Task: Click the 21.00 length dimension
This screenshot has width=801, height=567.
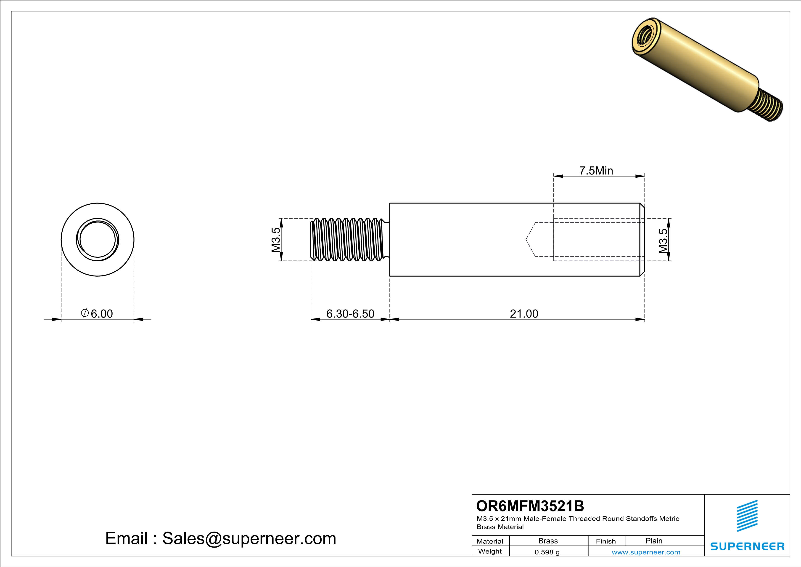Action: pos(524,313)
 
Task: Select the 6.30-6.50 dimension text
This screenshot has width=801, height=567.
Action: pos(350,313)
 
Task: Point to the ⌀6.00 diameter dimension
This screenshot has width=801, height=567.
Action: pos(97,313)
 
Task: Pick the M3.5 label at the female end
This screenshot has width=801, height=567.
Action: pos(663,241)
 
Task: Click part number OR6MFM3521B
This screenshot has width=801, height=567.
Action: pos(530,505)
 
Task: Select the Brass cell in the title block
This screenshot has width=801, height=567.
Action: pos(548,541)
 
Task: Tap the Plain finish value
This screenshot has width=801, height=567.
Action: pos(654,541)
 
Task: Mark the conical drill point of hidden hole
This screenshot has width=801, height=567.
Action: pos(531,240)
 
